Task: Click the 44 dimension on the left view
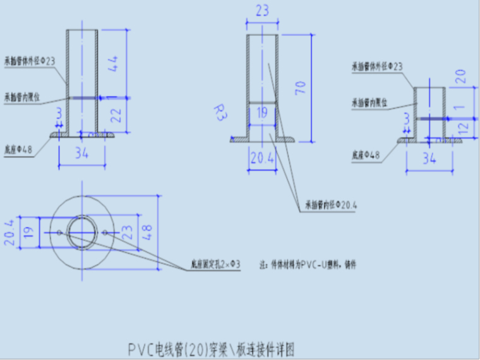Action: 114,64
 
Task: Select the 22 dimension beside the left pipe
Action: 114,114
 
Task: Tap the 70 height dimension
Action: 301,87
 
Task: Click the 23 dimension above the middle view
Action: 261,11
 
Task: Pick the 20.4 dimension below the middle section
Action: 261,159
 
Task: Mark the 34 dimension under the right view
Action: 429,159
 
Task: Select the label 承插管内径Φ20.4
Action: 331,205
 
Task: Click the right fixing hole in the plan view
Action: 105,232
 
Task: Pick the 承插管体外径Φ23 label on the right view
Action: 377,65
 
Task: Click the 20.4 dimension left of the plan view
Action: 9,232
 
